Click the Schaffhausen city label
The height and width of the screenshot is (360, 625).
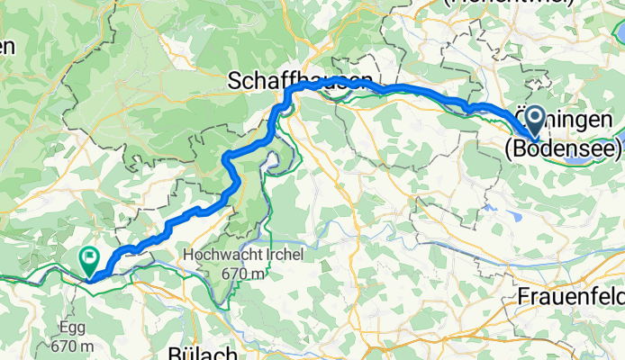pos(301,80)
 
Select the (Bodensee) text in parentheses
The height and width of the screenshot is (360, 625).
pos(563,148)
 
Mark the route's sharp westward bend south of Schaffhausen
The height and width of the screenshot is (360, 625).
pos(227,160)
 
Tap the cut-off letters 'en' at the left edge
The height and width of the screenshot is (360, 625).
pos(7,47)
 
